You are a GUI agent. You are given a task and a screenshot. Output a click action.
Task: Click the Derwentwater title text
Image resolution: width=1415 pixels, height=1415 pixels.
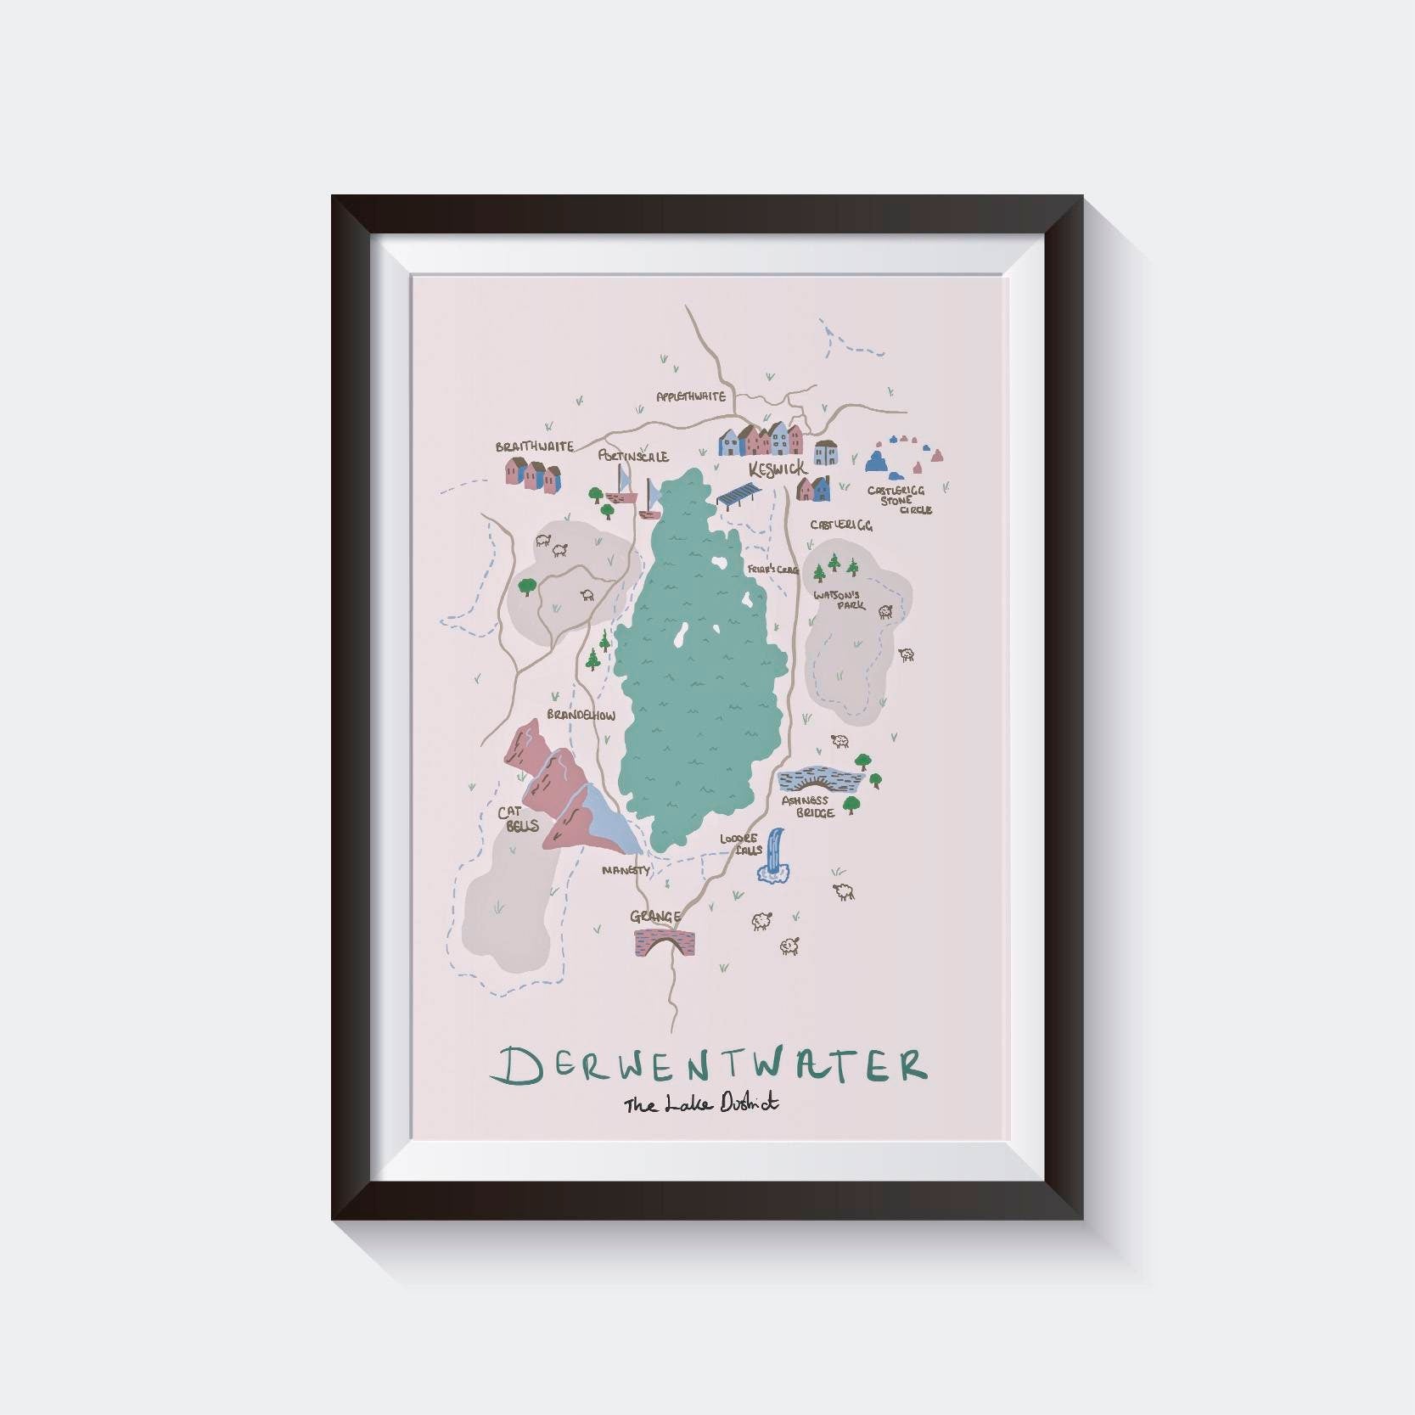tap(711, 1066)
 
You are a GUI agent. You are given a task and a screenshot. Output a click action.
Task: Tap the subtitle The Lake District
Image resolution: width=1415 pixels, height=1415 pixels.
tap(701, 1105)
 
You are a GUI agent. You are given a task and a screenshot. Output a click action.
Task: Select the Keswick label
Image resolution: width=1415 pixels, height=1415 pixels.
tap(776, 469)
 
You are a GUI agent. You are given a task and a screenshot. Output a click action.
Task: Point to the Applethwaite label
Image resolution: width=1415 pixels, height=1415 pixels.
tap(691, 396)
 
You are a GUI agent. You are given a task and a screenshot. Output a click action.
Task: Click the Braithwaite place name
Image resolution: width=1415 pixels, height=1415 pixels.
tap(535, 446)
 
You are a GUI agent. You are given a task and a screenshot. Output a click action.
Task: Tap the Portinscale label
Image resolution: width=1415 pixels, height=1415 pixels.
tap(632, 457)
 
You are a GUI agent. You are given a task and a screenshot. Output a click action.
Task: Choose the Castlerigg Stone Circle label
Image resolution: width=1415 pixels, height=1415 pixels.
tap(898, 500)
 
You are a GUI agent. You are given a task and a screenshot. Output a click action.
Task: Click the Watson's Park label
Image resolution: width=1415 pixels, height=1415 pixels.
tap(839, 600)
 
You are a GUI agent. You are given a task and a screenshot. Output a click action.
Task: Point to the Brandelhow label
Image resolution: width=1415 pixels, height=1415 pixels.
tap(581, 716)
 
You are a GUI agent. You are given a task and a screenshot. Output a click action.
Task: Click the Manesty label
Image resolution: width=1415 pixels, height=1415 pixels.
tap(626, 870)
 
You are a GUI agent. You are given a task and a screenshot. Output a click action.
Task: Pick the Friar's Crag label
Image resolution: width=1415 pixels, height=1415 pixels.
tap(772, 570)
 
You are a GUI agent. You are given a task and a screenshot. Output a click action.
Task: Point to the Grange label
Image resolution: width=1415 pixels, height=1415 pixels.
tap(655, 917)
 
